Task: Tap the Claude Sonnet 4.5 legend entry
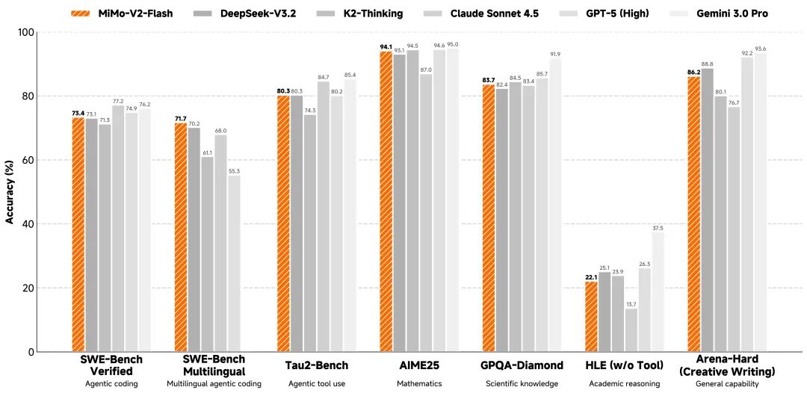click(495, 13)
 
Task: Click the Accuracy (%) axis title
click(10, 192)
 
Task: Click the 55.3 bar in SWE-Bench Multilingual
click(234, 263)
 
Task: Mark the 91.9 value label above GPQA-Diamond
click(555, 55)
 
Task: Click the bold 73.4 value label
click(78, 113)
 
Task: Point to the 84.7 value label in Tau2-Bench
click(323, 77)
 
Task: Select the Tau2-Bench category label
click(317, 365)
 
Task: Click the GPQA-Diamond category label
click(522, 365)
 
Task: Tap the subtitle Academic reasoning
click(624, 384)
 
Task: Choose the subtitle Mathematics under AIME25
click(419, 384)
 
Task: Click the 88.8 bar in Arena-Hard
click(707, 210)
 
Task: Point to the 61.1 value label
click(207, 152)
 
